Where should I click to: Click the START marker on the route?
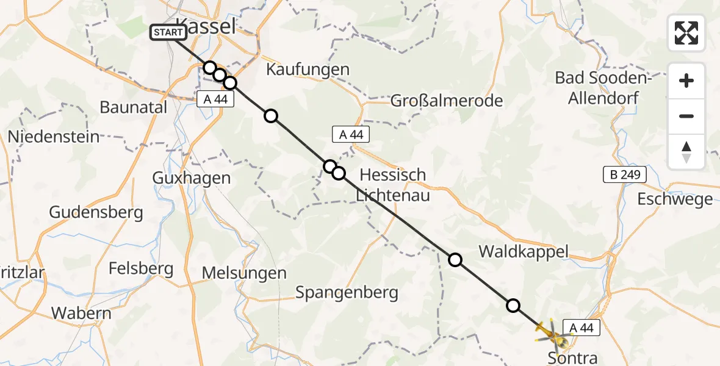pos(168,33)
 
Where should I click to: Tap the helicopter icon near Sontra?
pos(552,332)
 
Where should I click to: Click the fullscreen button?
pos(686,33)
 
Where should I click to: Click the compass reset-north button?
pos(686,152)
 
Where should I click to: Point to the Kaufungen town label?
pos(308,70)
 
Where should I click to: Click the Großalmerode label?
pos(447,100)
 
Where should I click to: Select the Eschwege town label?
pos(674,199)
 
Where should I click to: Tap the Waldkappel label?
pos(523,251)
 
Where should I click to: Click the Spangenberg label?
pos(347,292)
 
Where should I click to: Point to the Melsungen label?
pos(244,273)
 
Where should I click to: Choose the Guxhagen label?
pos(191,178)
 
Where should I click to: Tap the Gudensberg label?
pos(96,212)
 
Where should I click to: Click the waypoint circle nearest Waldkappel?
pos(455,260)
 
